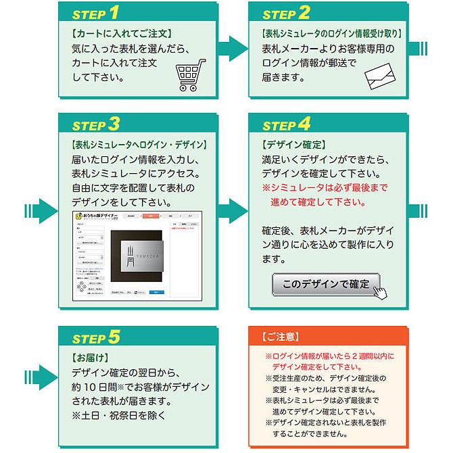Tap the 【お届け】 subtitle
pyautogui.click(x=89, y=356)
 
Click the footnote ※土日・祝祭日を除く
pyautogui.click(x=118, y=414)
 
